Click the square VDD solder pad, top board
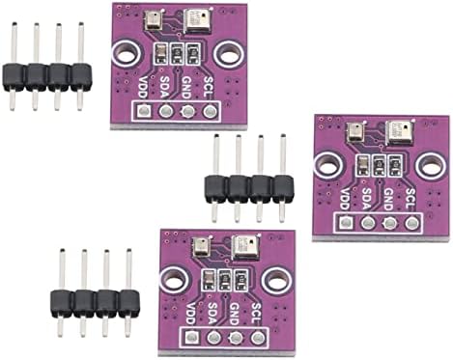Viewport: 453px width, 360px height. pyautogui.click(x=143, y=113)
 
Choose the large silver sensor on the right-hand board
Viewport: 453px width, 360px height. pyautogui.click(x=396, y=130)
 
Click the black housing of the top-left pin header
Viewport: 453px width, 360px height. pyautogui.click(x=46, y=76)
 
